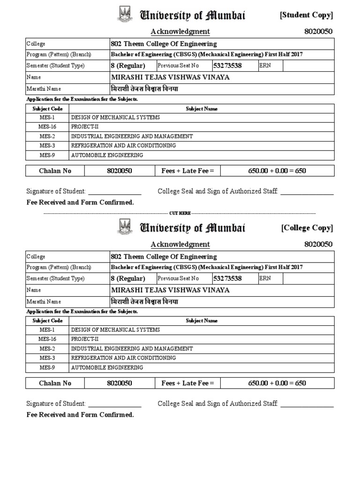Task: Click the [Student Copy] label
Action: point(307,15)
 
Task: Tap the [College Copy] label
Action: point(307,228)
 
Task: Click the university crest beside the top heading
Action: point(125,15)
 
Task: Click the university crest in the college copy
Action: point(125,227)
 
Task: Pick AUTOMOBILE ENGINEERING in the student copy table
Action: point(107,155)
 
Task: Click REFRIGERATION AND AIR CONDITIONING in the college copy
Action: point(124,358)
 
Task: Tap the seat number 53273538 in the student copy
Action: point(227,66)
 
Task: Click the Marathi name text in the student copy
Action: point(144,89)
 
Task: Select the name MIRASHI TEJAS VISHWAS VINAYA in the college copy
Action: point(170,290)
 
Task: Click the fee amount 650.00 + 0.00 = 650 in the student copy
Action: point(277,171)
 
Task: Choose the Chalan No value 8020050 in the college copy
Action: point(120,383)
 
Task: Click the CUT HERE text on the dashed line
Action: point(180,213)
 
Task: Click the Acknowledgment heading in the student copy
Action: point(180,31)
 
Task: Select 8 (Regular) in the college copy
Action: point(128,278)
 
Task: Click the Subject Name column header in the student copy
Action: point(202,109)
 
